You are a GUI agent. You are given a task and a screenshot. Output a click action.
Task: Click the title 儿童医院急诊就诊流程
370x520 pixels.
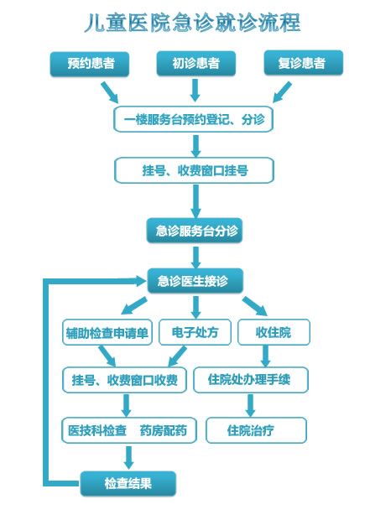192,23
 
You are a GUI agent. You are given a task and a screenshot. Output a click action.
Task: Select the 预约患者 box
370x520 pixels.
90,64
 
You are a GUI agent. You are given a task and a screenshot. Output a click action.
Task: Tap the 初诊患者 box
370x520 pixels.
195,64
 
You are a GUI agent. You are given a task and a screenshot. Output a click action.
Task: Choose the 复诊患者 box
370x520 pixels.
304,63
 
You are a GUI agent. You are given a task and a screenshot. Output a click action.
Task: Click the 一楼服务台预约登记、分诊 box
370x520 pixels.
194,119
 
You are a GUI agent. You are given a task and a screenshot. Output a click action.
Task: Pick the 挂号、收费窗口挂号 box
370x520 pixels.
194,170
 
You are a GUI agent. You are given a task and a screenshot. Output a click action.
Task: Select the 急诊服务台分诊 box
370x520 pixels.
195,231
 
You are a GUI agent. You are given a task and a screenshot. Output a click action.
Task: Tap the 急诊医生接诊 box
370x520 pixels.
195,281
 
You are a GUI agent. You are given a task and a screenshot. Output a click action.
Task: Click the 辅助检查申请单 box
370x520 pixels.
107,332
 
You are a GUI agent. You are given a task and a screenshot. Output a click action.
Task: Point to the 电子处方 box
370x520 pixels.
195,332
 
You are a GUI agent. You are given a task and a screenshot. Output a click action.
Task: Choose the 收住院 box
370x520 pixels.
274,332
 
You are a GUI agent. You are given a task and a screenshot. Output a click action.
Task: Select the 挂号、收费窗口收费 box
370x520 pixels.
124,380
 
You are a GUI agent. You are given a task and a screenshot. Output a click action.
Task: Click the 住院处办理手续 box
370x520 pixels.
251,380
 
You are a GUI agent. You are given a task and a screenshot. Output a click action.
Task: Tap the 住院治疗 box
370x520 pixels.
256,430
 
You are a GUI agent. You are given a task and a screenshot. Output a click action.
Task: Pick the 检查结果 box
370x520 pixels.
128,484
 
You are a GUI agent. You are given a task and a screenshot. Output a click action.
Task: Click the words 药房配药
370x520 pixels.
164,430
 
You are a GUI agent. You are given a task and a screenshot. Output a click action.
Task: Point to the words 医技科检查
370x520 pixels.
97,430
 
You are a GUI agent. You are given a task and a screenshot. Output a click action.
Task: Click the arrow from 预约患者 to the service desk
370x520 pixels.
110,92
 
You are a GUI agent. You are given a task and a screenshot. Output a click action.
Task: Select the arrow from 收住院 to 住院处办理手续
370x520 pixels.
265,356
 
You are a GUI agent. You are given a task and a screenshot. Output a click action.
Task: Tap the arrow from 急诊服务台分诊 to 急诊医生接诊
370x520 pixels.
196,257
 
